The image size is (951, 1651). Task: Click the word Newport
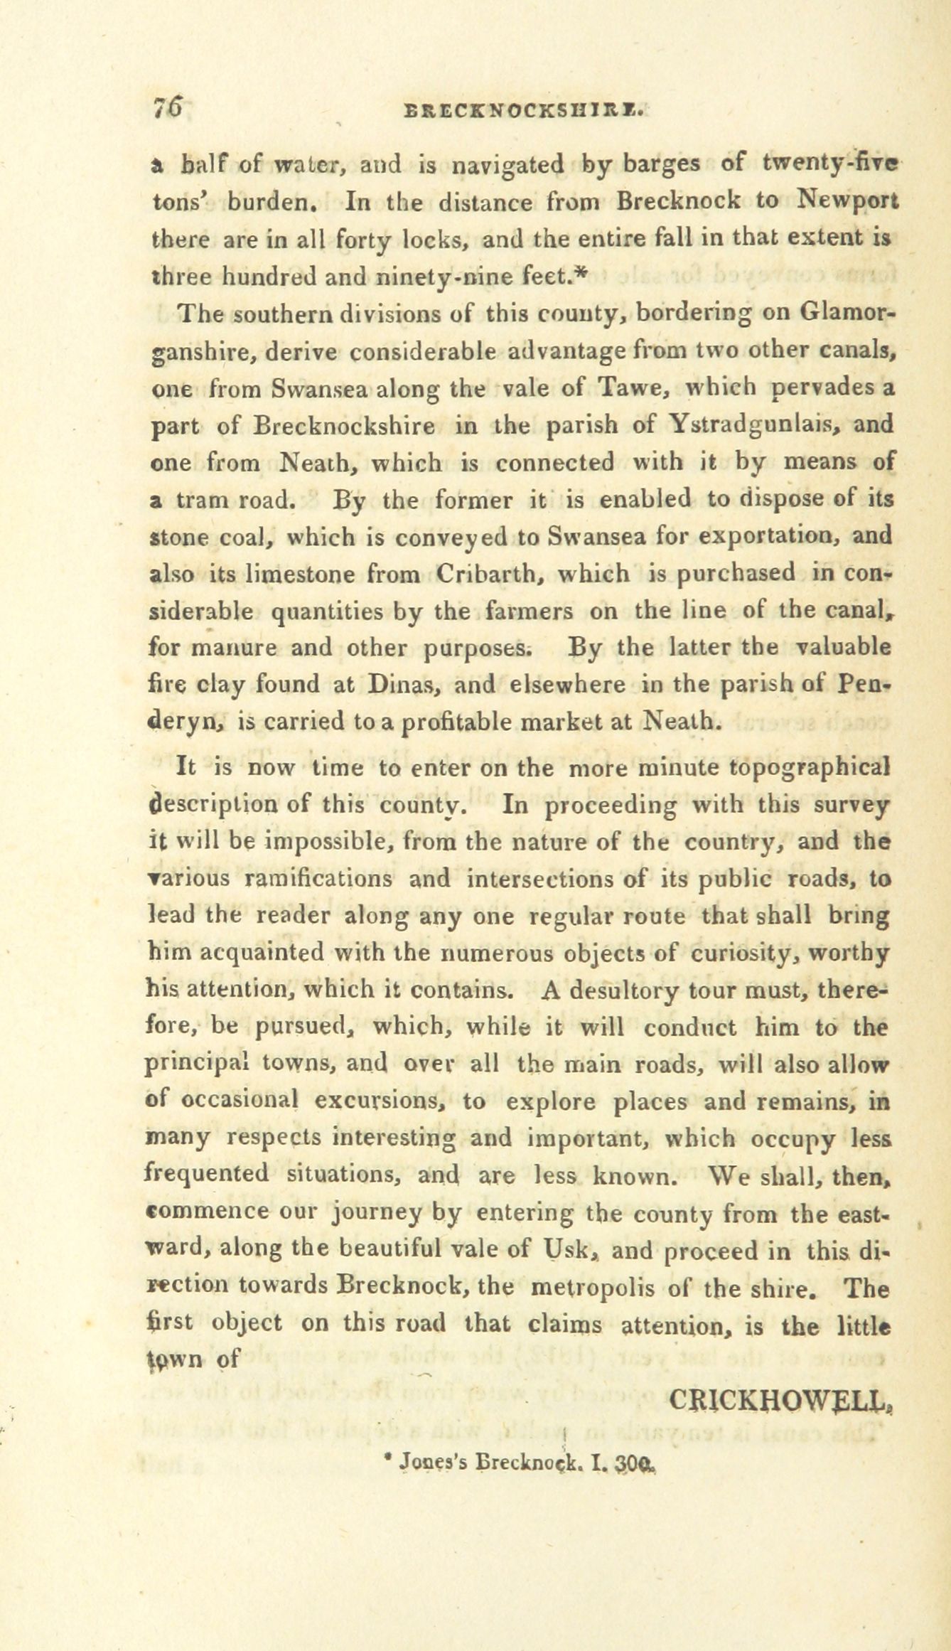pyautogui.click(x=847, y=202)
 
